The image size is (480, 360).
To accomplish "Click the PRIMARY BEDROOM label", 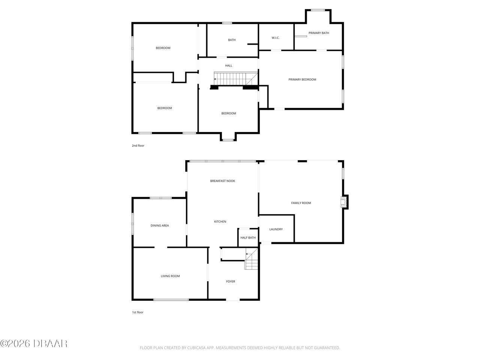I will (302, 79).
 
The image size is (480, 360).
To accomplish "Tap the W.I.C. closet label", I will (276, 38).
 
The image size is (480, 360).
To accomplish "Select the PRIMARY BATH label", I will (319, 33).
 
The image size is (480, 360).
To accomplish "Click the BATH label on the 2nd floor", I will (232, 40).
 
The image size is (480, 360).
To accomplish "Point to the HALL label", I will (228, 66).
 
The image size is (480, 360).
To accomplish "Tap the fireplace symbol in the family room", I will (343, 202).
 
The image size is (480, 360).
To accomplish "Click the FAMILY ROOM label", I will (301, 203).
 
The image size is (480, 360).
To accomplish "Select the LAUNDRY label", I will (276, 229).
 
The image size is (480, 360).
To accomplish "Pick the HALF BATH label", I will (248, 238).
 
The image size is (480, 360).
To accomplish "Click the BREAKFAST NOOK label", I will (222, 181).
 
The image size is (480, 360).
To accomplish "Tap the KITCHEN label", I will (220, 222).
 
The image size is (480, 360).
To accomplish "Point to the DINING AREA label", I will (160, 226).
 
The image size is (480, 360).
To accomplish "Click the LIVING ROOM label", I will (170, 276).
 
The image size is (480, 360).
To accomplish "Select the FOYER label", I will (231, 281).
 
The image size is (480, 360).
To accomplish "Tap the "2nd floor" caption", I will (138, 145).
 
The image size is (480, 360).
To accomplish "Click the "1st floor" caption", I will (138, 312).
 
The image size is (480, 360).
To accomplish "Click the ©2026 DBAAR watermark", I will (34, 343).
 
